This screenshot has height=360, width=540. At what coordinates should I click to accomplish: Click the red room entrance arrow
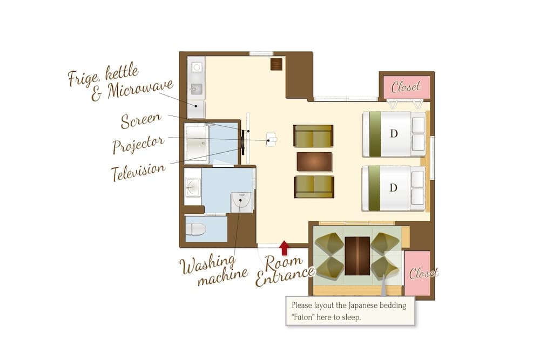tap(284, 248)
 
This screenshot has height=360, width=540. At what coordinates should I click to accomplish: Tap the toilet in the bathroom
tap(195, 229)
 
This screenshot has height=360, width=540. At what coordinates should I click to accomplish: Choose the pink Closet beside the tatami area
tap(417, 273)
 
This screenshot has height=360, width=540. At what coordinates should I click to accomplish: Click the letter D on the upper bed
tap(394, 133)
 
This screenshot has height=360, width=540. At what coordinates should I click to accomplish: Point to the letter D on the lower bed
tap(393, 188)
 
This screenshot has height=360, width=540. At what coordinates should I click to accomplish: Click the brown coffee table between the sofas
tap(314, 162)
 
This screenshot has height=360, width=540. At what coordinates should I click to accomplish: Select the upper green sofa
tap(313, 136)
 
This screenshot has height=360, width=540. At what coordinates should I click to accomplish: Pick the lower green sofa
tap(314, 187)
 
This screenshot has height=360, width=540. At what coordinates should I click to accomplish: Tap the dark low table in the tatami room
tap(357, 256)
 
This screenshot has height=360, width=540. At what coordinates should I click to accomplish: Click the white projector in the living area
tap(272, 139)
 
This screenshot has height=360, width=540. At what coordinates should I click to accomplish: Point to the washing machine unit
tap(241, 202)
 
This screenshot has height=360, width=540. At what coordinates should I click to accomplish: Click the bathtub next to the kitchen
tap(197, 144)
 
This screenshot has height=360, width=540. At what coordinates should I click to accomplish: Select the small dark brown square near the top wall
tap(276, 64)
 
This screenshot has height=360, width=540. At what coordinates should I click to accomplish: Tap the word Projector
tap(138, 144)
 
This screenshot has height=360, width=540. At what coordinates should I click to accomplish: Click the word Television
tap(138, 171)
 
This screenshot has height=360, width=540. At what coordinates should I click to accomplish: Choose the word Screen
tap(141, 120)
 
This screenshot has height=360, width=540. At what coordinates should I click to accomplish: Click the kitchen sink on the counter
tap(197, 89)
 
